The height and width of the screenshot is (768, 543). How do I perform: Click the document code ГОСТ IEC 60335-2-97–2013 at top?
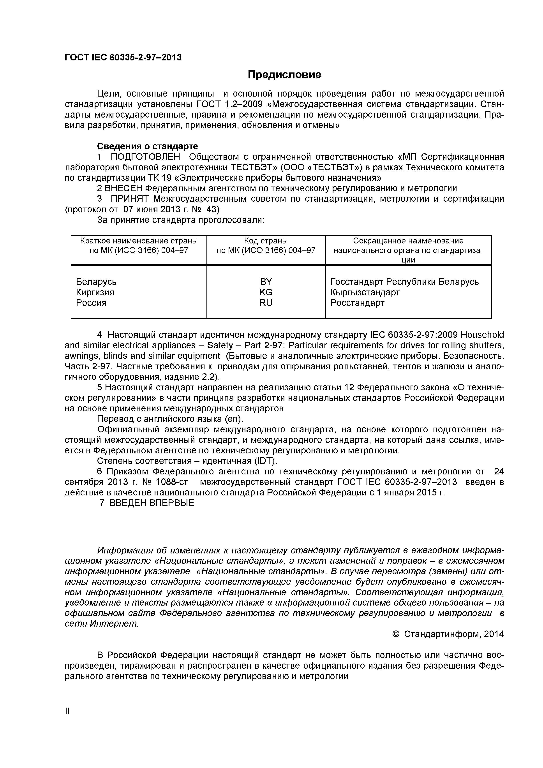[x=123, y=58]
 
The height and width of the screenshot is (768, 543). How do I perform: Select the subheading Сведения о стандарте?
[x=147, y=146]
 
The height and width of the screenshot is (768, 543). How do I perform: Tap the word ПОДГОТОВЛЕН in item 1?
[x=145, y=157]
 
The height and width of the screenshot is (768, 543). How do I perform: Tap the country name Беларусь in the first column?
[x=96, y=282]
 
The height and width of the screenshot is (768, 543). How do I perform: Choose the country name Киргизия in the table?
[x=95, y=292]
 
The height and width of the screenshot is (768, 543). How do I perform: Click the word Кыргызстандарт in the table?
[x=365, y=292]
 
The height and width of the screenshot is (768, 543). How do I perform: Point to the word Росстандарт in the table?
[x=357, y=303]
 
